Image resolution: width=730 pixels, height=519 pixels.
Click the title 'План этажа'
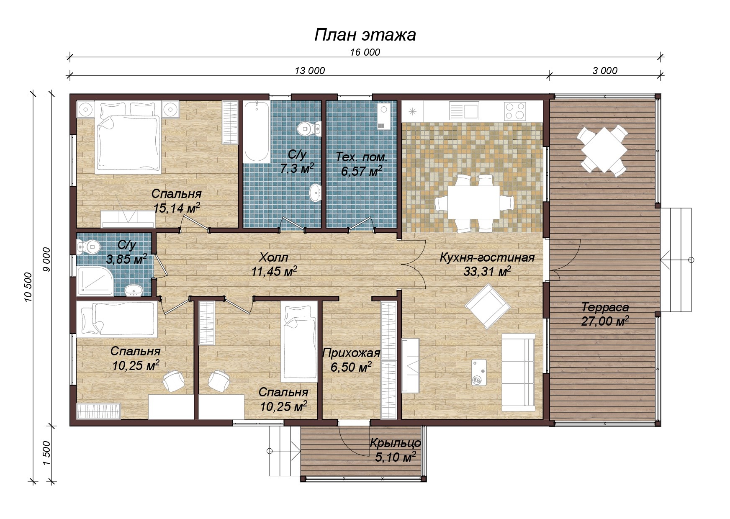pos(365,35)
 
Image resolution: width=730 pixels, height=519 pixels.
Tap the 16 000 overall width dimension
pos(365,52)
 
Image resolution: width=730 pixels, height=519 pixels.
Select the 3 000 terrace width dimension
pos(605,71)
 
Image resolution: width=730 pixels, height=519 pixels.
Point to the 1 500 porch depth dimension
pos(46,453)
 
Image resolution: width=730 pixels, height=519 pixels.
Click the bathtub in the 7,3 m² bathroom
pos(257,131)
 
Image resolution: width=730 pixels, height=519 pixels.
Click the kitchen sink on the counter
pos(464,111)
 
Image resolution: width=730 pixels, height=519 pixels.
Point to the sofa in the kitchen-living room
pos(518,372)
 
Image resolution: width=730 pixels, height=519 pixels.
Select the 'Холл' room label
pos(274,257)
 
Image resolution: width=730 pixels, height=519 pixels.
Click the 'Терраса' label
pos(605,308)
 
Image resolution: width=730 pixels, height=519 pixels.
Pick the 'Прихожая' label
pos(351,354)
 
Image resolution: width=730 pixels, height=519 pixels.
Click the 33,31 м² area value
pos(487,272)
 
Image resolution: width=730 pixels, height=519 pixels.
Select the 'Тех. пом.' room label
pos(362,157)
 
